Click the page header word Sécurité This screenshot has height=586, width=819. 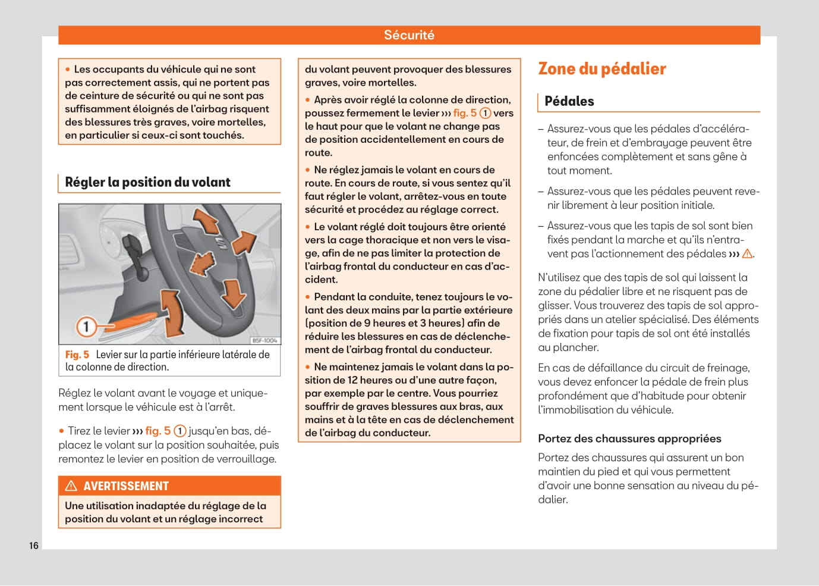click(x=409, y=35)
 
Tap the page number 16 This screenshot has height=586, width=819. click(x=34, y=546)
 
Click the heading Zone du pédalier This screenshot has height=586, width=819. click(x=601, y=69)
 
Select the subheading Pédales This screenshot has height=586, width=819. click(x=569, y=101)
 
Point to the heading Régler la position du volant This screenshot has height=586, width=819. click(x=147, y=182)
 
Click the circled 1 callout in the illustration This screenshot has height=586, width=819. click(x=86, y=326)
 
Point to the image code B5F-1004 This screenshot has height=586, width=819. click(x=264, y=340)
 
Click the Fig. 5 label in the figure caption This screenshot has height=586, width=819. click(x=77, y=355)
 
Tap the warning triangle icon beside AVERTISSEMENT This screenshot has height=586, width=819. click(x=71, y=486)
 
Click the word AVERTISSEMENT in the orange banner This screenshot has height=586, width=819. click(x=126, y=486)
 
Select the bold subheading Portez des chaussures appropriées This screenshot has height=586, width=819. click(x=629, y=438)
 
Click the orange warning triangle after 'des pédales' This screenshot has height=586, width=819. click(x=747, y=253)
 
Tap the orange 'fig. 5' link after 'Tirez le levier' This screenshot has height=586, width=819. click(x=157, y=431)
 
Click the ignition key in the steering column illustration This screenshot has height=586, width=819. click(x=134, y=249)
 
